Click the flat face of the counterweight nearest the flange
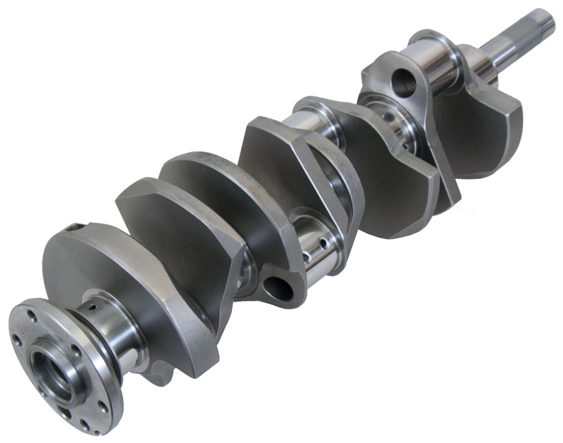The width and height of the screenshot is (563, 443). tap(93, 259)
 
